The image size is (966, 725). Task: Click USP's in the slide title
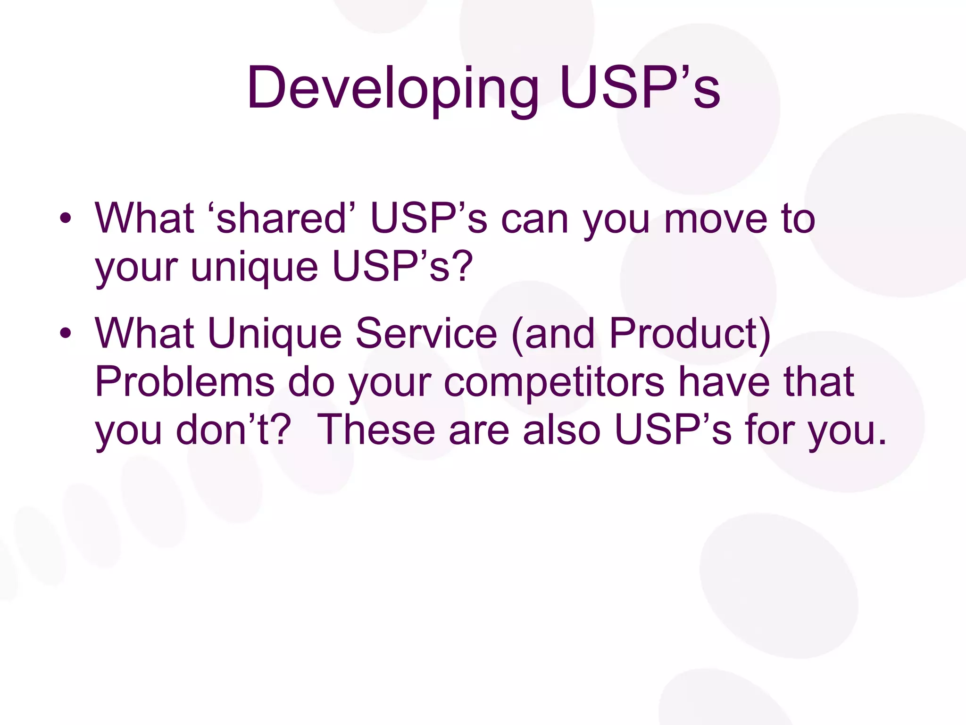point(639,88)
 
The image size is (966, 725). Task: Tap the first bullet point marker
point(66,219)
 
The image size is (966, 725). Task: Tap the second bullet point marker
point(66,333)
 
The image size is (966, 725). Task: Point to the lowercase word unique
point(254,267)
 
